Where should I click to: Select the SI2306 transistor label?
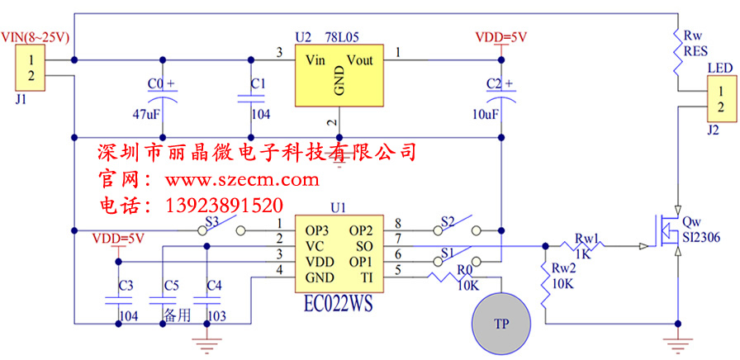click(x=701, y=237)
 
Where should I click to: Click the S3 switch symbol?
click(x=223, y=228)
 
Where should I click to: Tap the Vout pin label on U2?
click(x=360, y=60)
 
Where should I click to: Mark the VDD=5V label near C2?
click(x=501, y=38)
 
